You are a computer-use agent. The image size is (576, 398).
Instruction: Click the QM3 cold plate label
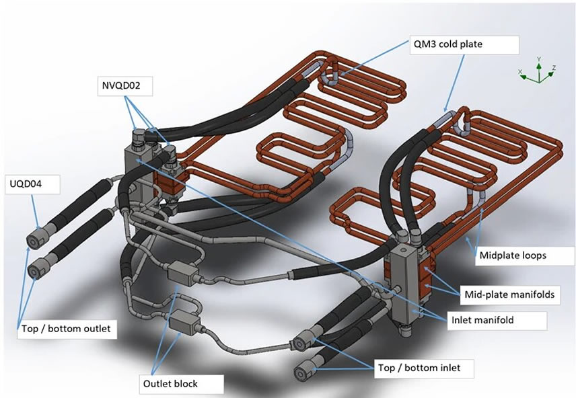464,45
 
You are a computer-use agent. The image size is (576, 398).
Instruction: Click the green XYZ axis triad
538,73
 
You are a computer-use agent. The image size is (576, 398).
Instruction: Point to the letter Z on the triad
552,68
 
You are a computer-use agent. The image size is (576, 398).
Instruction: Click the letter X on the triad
520,70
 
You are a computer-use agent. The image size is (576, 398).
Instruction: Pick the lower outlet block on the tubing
184,323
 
